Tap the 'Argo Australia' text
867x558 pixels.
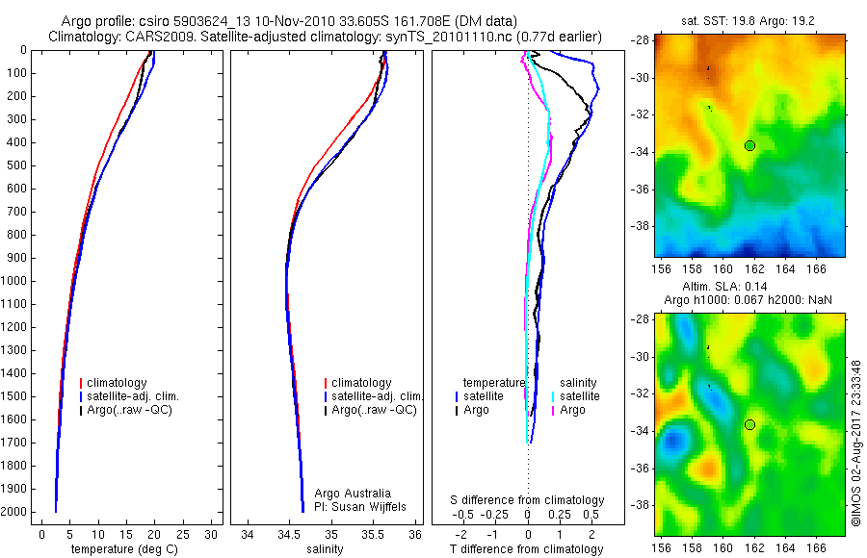[353, 494]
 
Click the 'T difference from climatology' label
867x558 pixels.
[528, 549]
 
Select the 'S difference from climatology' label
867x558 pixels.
[528, 500]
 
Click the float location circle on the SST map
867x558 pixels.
[749, 145]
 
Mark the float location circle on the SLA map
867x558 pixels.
[749, 424]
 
